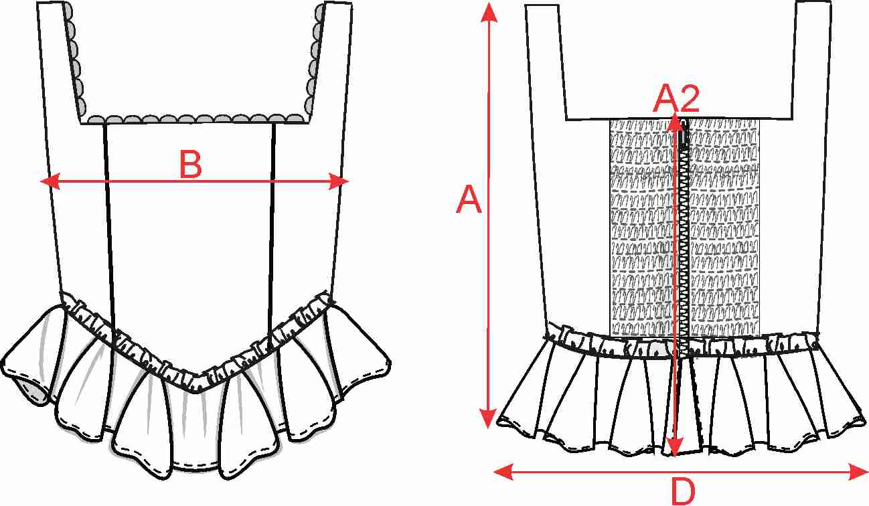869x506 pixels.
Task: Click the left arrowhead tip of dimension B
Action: coord(40,181)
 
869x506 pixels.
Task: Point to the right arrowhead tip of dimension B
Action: coord(349,181)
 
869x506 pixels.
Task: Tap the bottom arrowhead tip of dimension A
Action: coord(487,428)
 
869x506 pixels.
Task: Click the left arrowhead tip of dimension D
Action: coord(493,472)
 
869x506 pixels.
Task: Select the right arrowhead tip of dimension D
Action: coord(868,473)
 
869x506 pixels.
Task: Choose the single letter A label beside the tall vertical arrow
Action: coord(469,199)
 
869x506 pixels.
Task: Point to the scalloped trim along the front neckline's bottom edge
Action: coord(196,119)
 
